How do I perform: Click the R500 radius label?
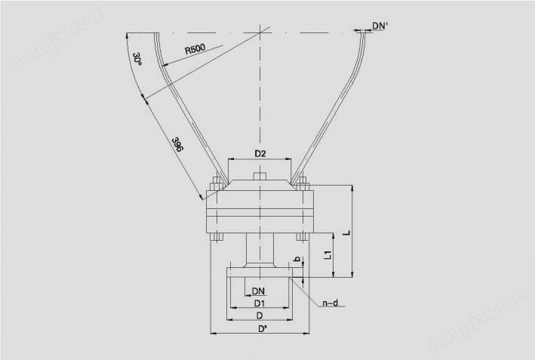click(x=195, y=49)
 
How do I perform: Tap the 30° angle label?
click(x=137, y=59)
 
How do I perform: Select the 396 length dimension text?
click(x=177, y=145)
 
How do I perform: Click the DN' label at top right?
click(x=380, y=26)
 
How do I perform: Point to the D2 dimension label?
click(x=260, y=154)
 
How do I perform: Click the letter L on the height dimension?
click(x=346, y=232)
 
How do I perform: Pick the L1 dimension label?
click(x=327, y=254)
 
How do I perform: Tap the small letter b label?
click(x=297, y=259)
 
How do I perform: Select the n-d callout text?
click(x=331, y=303)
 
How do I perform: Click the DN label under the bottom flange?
click(x=258, y=291)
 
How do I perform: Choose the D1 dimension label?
click(x=260, y=303)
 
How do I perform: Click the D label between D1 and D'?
click(x=260, y=316)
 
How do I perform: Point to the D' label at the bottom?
click(x=262, y=329)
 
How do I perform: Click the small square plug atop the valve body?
click(x=260, y=176)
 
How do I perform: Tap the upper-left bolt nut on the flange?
click(x=217, y=183)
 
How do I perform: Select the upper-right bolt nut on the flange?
click(x=303, y=183)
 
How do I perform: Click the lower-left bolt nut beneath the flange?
click(x=217, y=237)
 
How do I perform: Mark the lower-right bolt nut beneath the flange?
click(x=303, y=237)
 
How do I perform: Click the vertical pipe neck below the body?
click(x=260, y=248)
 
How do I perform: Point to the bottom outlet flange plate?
click(x=260, y=272)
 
